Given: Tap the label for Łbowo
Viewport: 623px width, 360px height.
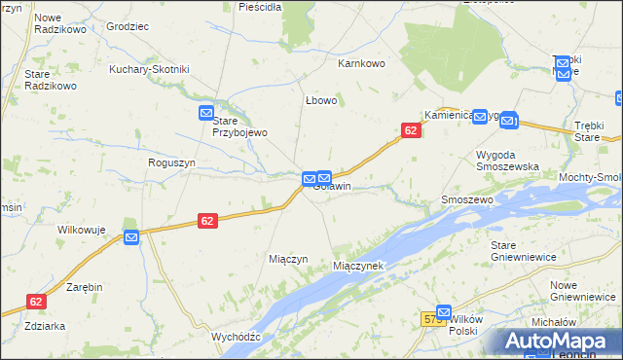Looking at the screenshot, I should click(x=320, y=100).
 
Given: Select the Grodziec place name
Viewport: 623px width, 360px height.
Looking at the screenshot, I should click(x=127, y=26).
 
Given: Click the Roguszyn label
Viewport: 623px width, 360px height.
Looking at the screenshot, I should click(x=171, y=163).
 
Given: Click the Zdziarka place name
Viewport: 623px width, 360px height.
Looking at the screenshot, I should click(x=46, y=325).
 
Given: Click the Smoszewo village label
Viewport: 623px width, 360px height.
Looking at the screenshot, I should click(x=467, y=198).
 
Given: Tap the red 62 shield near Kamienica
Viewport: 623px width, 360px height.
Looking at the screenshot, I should click(x=411, y=130).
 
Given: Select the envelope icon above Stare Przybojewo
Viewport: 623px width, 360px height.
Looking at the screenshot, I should click(x=206, y=113).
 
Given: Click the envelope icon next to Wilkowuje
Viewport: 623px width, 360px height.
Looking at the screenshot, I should click(x=131, y=236).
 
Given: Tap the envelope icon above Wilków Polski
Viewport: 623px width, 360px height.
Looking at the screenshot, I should click(x=444, y=312).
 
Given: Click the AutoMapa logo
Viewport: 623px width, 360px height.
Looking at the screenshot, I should click(x=557, y=342).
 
